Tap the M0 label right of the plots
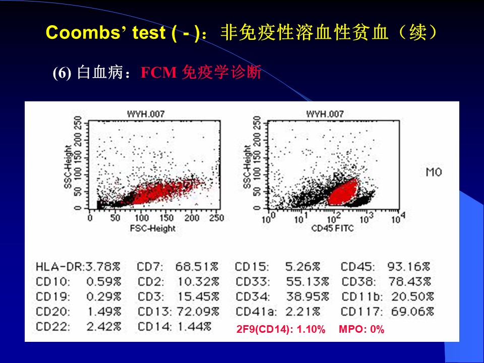(434, 172)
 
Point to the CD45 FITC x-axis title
(333, 228)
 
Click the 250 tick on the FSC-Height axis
(216, 218)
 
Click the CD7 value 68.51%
(197, 267)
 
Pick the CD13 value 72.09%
(197, 311)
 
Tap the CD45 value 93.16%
(409, 267)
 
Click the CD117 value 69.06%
(412, 311)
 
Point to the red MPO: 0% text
(361, 330)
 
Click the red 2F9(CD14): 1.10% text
(281, 330)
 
